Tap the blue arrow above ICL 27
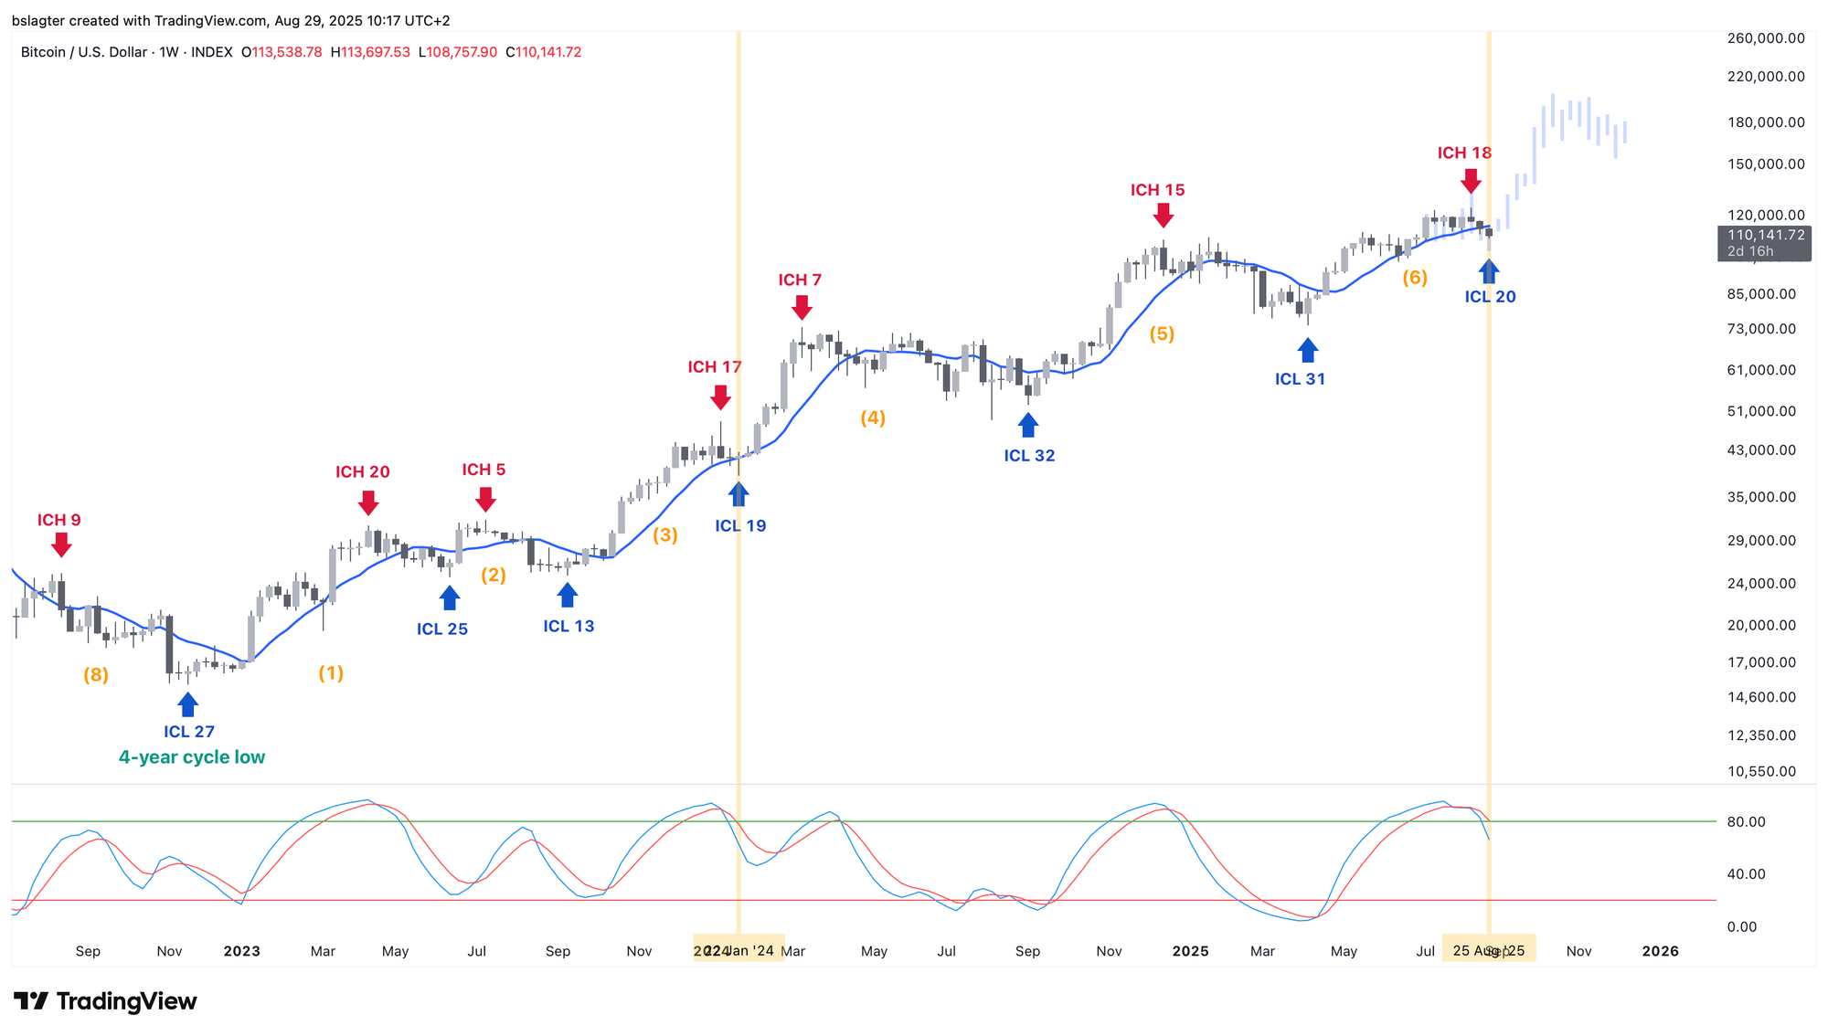pyautogui.click(x=187, y=704)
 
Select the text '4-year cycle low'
pyautogui.click(x=192, y=757)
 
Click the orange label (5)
pyautogui.click(x=1162, y=333)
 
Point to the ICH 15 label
pyautogui.click(x=1157, y=190)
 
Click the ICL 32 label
pyautogui.click(x=1029, y=455)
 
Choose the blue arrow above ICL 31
pyautogui.click(x=1308, y=350)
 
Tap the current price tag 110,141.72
pyautogui.click(x=1765, y=235)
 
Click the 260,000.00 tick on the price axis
pyautogui.click(x=1765, y=38)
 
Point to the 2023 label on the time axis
pyautogui.click(x=241, y=951)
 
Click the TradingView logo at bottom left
pyautogui.click(x=106, y=1001)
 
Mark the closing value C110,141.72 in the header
pyautogui.click(x=544, y=52)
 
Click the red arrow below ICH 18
pyautogui.click(x=1471, y=180)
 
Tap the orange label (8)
pyautogui.click(x=96, y=675)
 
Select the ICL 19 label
pyautogui.click(x=740, y=525)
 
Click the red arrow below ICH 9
pyautogui.click(x=61, y=545)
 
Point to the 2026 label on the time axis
pyautogui.click(x=1660, y=951)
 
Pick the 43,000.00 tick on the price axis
pyautogui.click(x=1761, y=450)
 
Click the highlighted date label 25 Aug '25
pyautogui.click(x=1488, y=951)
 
